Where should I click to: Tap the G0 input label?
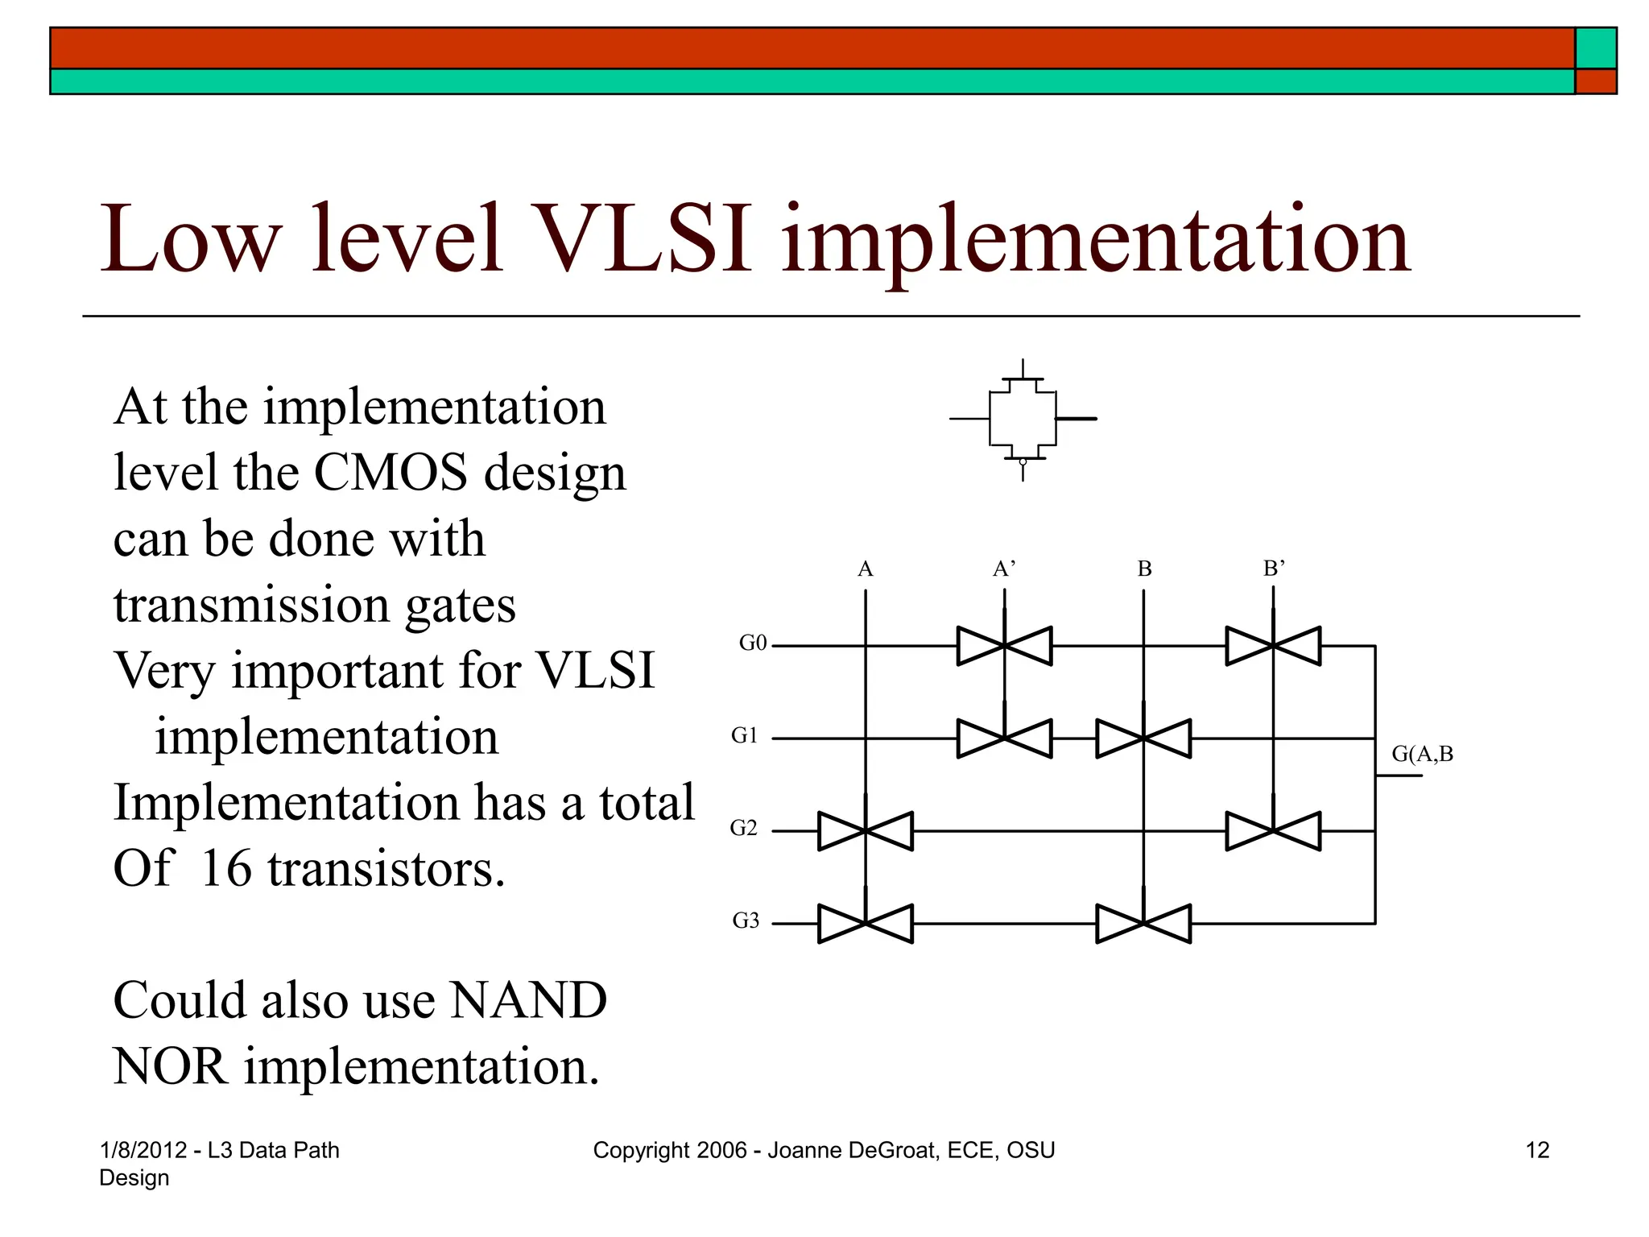coord(753,643)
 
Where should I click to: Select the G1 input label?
coord(745,735)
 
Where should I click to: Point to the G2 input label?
coord(744,828)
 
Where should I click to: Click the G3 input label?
coord(746,921)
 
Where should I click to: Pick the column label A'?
coord(1004,569)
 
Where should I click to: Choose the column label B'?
coord(1274,569)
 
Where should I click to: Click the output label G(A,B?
coord(1423,755)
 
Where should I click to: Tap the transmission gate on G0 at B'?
coord(1273,646)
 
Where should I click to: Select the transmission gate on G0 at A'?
coord(1004,646)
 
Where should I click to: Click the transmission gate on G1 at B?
coord(1143,738)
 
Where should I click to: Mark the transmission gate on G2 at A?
coord(866,831)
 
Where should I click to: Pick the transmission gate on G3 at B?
coord(1143,924)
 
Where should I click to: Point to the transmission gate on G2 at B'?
coord(1273,831)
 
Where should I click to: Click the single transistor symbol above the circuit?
coord(1023,420)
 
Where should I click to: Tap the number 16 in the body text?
coord(226,869)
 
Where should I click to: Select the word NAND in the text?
coord(528,1001)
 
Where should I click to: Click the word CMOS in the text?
coord(391,473)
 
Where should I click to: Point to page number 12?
coord(1537,1150)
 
